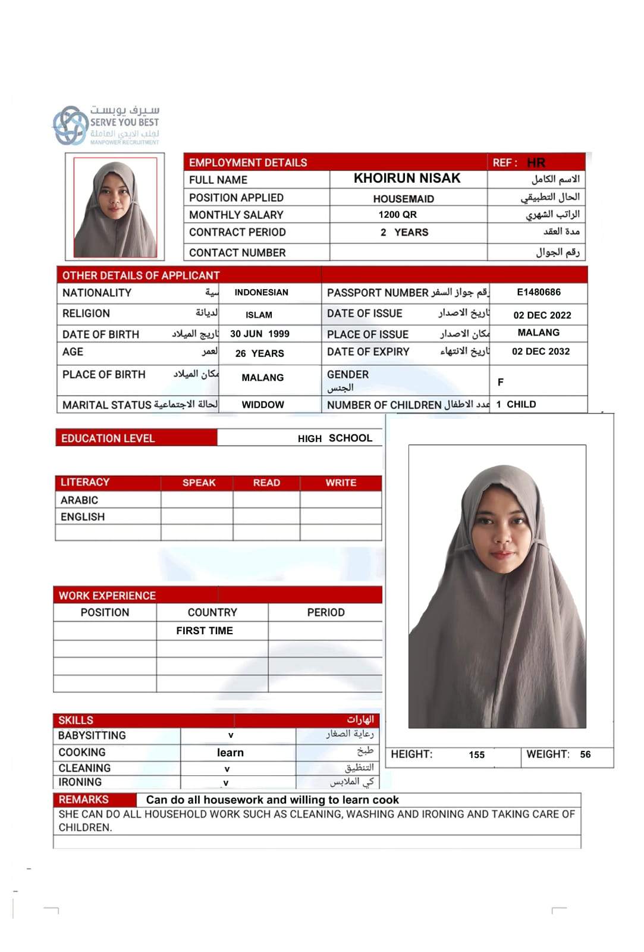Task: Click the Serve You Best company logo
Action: tap(106, 126)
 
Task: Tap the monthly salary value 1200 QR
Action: tap(397, 215)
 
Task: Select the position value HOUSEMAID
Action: tap(403, 199)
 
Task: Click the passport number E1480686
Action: tap(538, 292)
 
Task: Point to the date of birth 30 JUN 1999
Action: tap(260, 334)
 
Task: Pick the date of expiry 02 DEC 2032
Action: tap(541, 352)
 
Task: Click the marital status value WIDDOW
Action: tap(263, 405)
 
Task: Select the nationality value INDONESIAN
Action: tap(261, 292)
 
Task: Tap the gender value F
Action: tap(501, 382)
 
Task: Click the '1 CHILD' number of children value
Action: tap(516, 405)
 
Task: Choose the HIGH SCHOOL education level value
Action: tap(335, 439)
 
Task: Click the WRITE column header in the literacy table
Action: tap(341, 483)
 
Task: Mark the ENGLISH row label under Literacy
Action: tap(83, 517)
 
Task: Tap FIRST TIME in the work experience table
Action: tap(205, 631)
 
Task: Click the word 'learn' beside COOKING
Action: tap(230, 753)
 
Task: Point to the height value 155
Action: tap(476, 755)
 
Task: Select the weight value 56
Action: tap(585, 754)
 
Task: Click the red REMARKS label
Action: tap(84, 800)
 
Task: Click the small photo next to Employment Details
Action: tap(115, 207)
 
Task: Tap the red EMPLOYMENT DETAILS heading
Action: tap(248, 162)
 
